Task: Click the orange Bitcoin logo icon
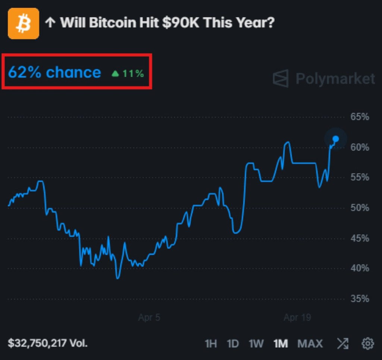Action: point(24,24)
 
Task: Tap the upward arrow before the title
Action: point(50,23)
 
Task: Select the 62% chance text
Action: point(54,72)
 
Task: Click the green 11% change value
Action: point(133,74)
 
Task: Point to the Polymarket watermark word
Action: point(335,79)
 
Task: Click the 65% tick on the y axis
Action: point(360,117)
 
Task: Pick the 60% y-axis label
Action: point(360,147)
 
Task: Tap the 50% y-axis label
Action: point(360,208)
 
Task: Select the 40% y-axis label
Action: point(360,268)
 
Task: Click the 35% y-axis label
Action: point(360,298)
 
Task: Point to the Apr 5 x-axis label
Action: point(149,318)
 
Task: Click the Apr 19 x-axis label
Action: point(297,318)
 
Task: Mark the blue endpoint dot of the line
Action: point(336,139)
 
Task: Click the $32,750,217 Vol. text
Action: point(47,343)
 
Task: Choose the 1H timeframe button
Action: point(211,343)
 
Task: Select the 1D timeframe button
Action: point(233,343)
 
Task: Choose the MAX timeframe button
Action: point(310,343)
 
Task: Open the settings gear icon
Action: point(368,343)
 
